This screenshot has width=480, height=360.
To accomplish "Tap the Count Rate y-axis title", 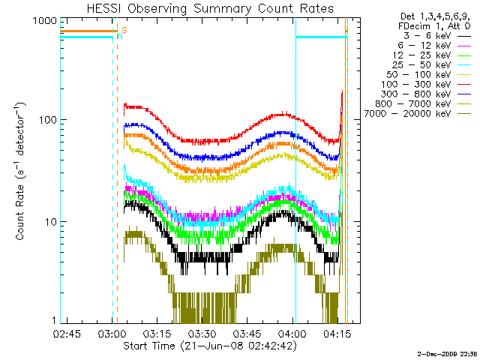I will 22,172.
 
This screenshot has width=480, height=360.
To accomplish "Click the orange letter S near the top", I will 124,30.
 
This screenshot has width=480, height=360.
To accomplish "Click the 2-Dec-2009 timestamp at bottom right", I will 445,352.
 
